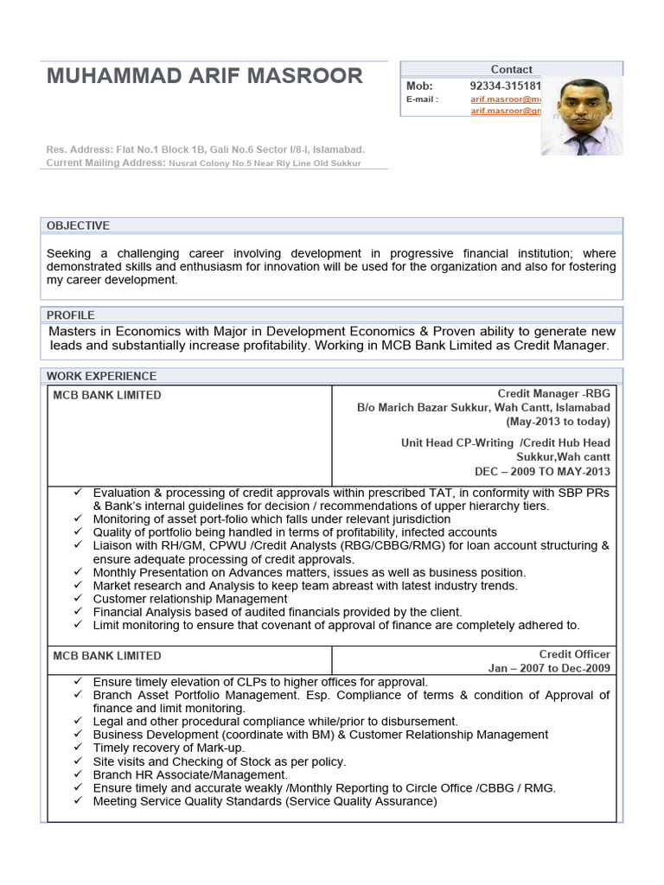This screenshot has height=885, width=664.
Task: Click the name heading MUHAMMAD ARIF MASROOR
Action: (205, 76)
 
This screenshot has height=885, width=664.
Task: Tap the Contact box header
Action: (511, 69)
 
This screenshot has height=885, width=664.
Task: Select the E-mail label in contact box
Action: (422, 99)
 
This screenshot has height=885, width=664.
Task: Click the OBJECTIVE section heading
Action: (78, 226)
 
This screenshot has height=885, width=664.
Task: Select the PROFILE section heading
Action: (71, 315)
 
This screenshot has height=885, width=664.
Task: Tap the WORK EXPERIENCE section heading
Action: (101, 376)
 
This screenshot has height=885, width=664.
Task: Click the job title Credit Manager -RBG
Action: (553, 394)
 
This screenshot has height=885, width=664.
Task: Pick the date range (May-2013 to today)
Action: (558, 422)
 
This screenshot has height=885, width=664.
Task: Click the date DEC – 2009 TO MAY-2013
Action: (542, 471)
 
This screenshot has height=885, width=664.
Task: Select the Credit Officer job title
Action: (575, 653)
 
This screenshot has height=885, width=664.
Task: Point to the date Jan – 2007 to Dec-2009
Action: (549, 668)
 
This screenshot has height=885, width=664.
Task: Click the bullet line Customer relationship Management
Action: (190, 599)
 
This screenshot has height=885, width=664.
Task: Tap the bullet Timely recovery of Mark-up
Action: (169, 748)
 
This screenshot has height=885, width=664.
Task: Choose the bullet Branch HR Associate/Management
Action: (190, 774)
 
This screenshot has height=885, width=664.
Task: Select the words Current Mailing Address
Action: (105, 162)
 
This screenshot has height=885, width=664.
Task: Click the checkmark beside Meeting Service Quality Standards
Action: (78, 801)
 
